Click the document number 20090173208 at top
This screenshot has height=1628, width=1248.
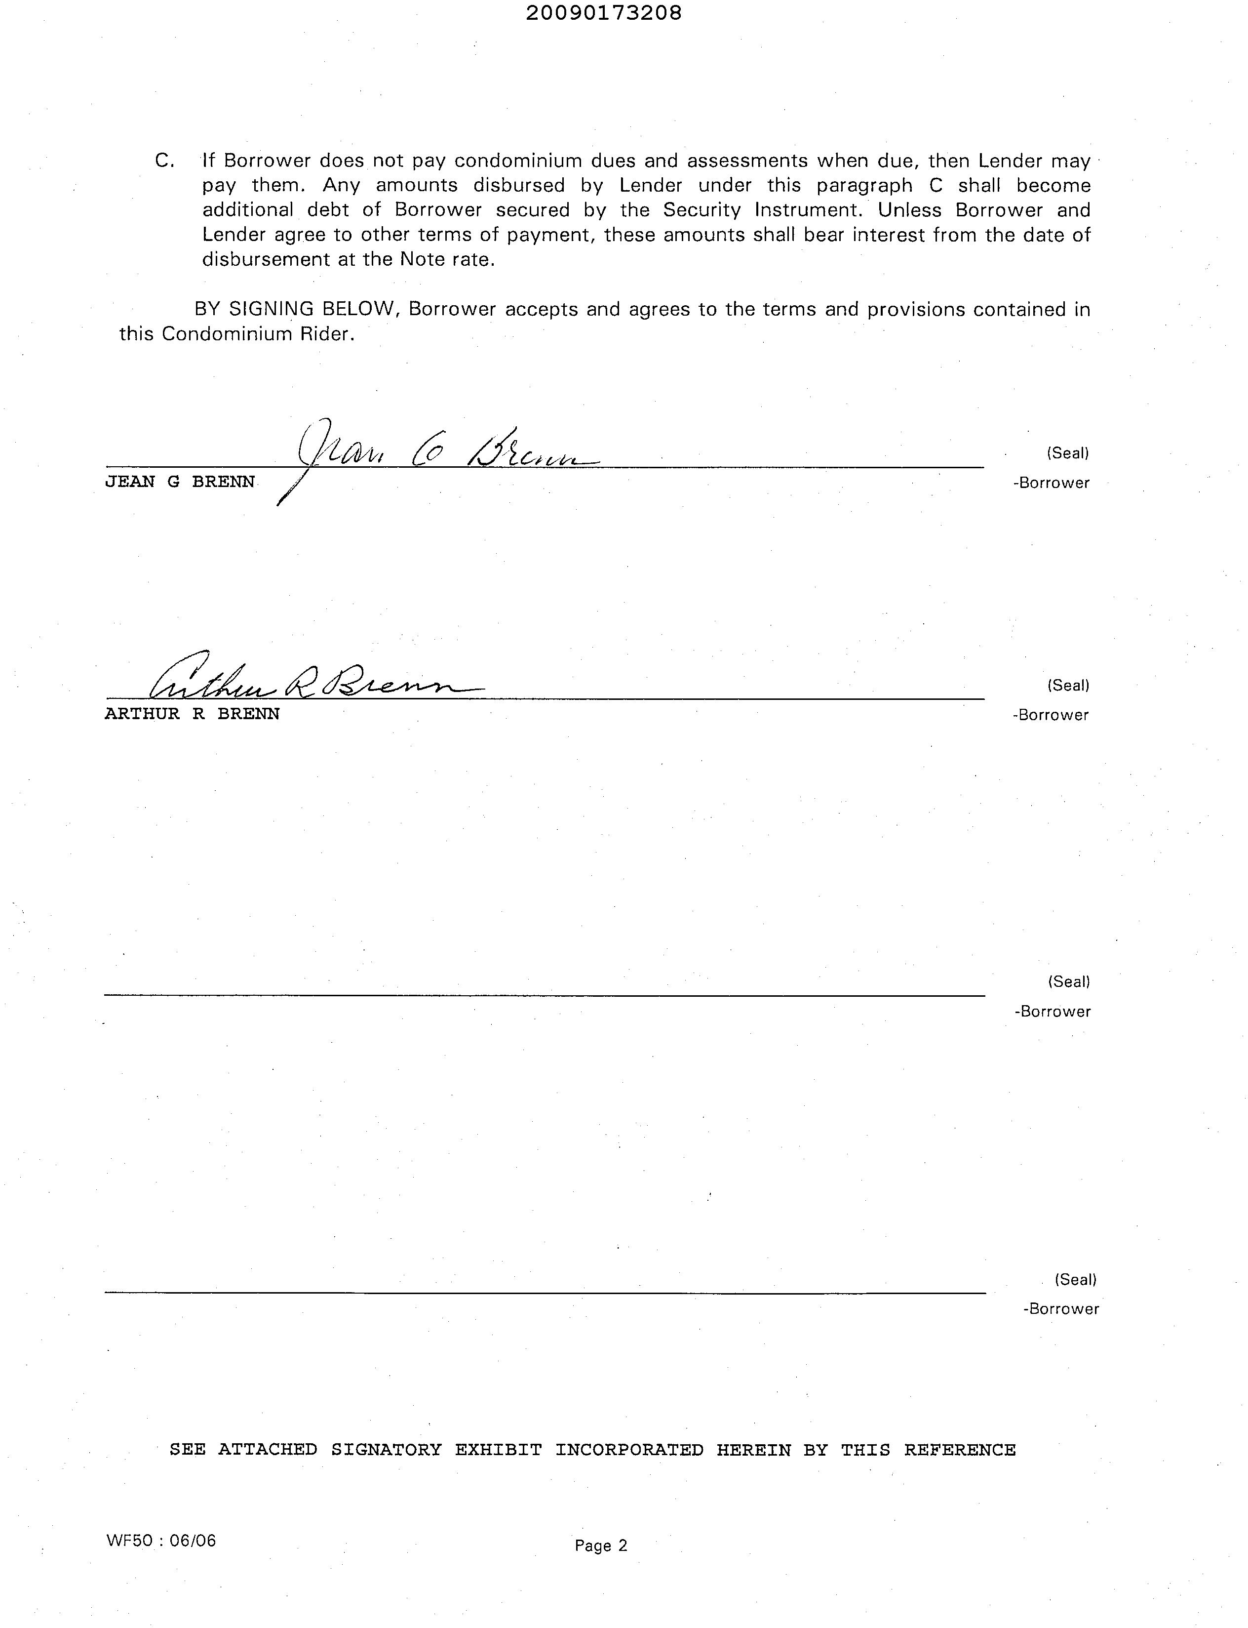click(603, 13)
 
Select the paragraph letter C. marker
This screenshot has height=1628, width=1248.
click(164, 161)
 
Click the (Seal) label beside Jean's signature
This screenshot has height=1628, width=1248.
click(1067, 452)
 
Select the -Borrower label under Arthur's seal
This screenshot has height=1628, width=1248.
click(1051, 715)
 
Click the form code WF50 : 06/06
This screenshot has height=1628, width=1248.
click(161, 1540)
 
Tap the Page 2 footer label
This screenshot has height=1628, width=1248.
click(601, 1546)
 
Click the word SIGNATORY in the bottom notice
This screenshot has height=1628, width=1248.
click(386, 1449)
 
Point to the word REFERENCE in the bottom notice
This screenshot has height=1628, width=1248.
click(960, 1449)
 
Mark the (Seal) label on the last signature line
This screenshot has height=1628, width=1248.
click(1075, 1279)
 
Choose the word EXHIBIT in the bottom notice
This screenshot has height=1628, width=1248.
click(499, 1449)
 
